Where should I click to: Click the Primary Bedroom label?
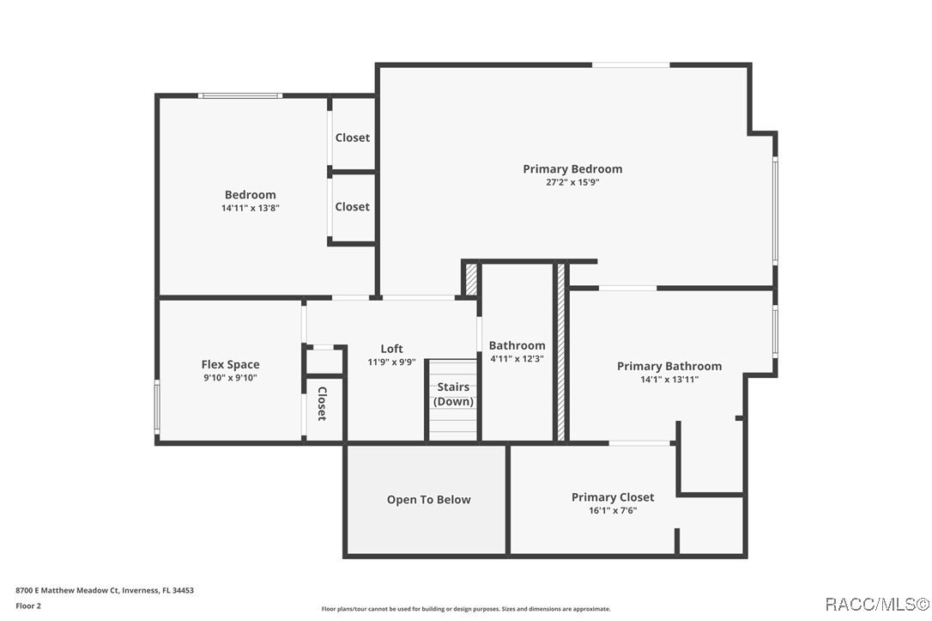(x=572, y=169)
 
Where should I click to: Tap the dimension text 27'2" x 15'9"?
(x=572, y=182)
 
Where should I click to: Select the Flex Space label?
(x=230, y=365)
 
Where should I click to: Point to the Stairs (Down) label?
(x=453, y=395)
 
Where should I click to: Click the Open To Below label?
(x=428, y=500)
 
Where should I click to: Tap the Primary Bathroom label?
(x=669, y=366)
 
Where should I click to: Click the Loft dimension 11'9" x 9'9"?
(x=391, y=362)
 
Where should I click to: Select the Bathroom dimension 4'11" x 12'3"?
(x=517, y=358)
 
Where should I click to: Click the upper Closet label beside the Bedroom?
(x=353, y=137)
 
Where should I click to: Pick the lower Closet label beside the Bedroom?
(x=353, y=207)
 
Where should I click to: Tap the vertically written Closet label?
(x=322, y=404)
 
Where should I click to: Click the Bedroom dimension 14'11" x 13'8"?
(x=251, y=208)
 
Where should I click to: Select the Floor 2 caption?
(x=28, y=606)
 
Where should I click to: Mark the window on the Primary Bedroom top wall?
(x=630, y=64)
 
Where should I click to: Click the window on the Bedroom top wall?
(x=239, y=95)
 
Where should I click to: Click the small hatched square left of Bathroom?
(x=470, y=278)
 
